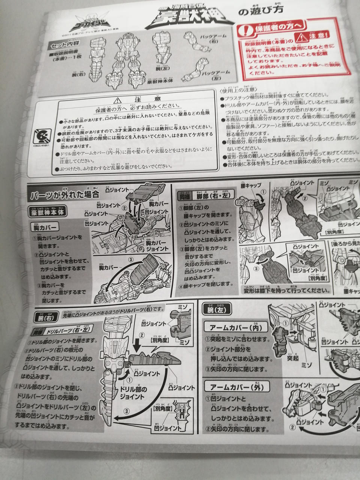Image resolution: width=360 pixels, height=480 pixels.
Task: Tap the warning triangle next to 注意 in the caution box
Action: pos(118,100)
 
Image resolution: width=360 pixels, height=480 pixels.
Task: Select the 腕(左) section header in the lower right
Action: pos(216,310)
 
